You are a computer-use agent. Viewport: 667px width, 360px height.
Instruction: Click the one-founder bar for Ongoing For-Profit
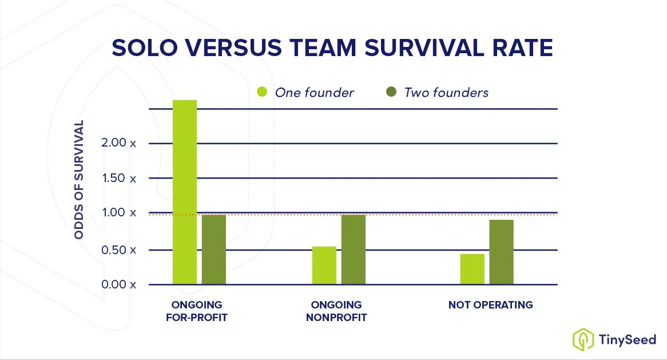[184, 192]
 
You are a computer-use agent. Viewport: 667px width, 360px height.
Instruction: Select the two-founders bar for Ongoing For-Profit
[214, 250]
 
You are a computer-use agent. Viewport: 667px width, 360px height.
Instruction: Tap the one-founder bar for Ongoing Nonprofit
[324, 266]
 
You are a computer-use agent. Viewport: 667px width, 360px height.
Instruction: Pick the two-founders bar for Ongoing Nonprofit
[354, 250]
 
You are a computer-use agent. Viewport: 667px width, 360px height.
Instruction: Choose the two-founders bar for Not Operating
[502, 252]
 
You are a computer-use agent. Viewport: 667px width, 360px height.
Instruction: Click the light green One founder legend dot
[262, 92]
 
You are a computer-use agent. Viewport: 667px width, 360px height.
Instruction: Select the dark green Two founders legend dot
[391, 92]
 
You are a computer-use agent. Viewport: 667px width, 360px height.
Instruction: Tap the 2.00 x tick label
[119, 143]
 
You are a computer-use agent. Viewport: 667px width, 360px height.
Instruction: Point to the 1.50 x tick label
[119, 178]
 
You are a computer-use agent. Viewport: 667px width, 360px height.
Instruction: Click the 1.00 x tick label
[119, 213]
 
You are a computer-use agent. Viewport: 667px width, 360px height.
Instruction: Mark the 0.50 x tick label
[119, 250]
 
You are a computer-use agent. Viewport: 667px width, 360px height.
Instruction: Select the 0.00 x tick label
[119, 284]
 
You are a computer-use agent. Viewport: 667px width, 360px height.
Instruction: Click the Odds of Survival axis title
[80, 180]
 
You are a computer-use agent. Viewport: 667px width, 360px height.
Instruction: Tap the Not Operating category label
[490, 305]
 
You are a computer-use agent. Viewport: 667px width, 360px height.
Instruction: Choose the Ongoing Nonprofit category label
[336, 311]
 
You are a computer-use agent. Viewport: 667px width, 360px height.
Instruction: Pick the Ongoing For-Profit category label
[197, 311]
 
